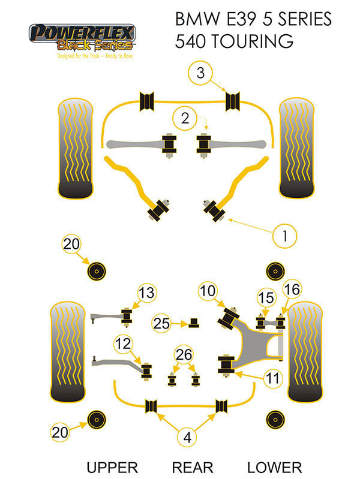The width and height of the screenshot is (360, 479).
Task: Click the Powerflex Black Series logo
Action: [x=82, y=38]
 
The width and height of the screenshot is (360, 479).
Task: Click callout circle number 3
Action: [x=200, y=74]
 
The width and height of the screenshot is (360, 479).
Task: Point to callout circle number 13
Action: [x=146, y=293]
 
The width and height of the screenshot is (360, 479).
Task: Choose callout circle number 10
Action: [x=208, y=292]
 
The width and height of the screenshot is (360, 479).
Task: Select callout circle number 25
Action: [x=161, y=323]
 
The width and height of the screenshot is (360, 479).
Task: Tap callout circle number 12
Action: [x=123, y=344]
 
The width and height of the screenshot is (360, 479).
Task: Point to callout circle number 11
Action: [x=272, y=378]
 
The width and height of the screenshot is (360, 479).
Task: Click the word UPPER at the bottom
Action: [x=113, y=467]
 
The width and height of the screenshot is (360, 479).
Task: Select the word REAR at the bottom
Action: [x=189, y=467]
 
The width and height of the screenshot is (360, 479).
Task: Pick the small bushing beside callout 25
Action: [x=193, y=323]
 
